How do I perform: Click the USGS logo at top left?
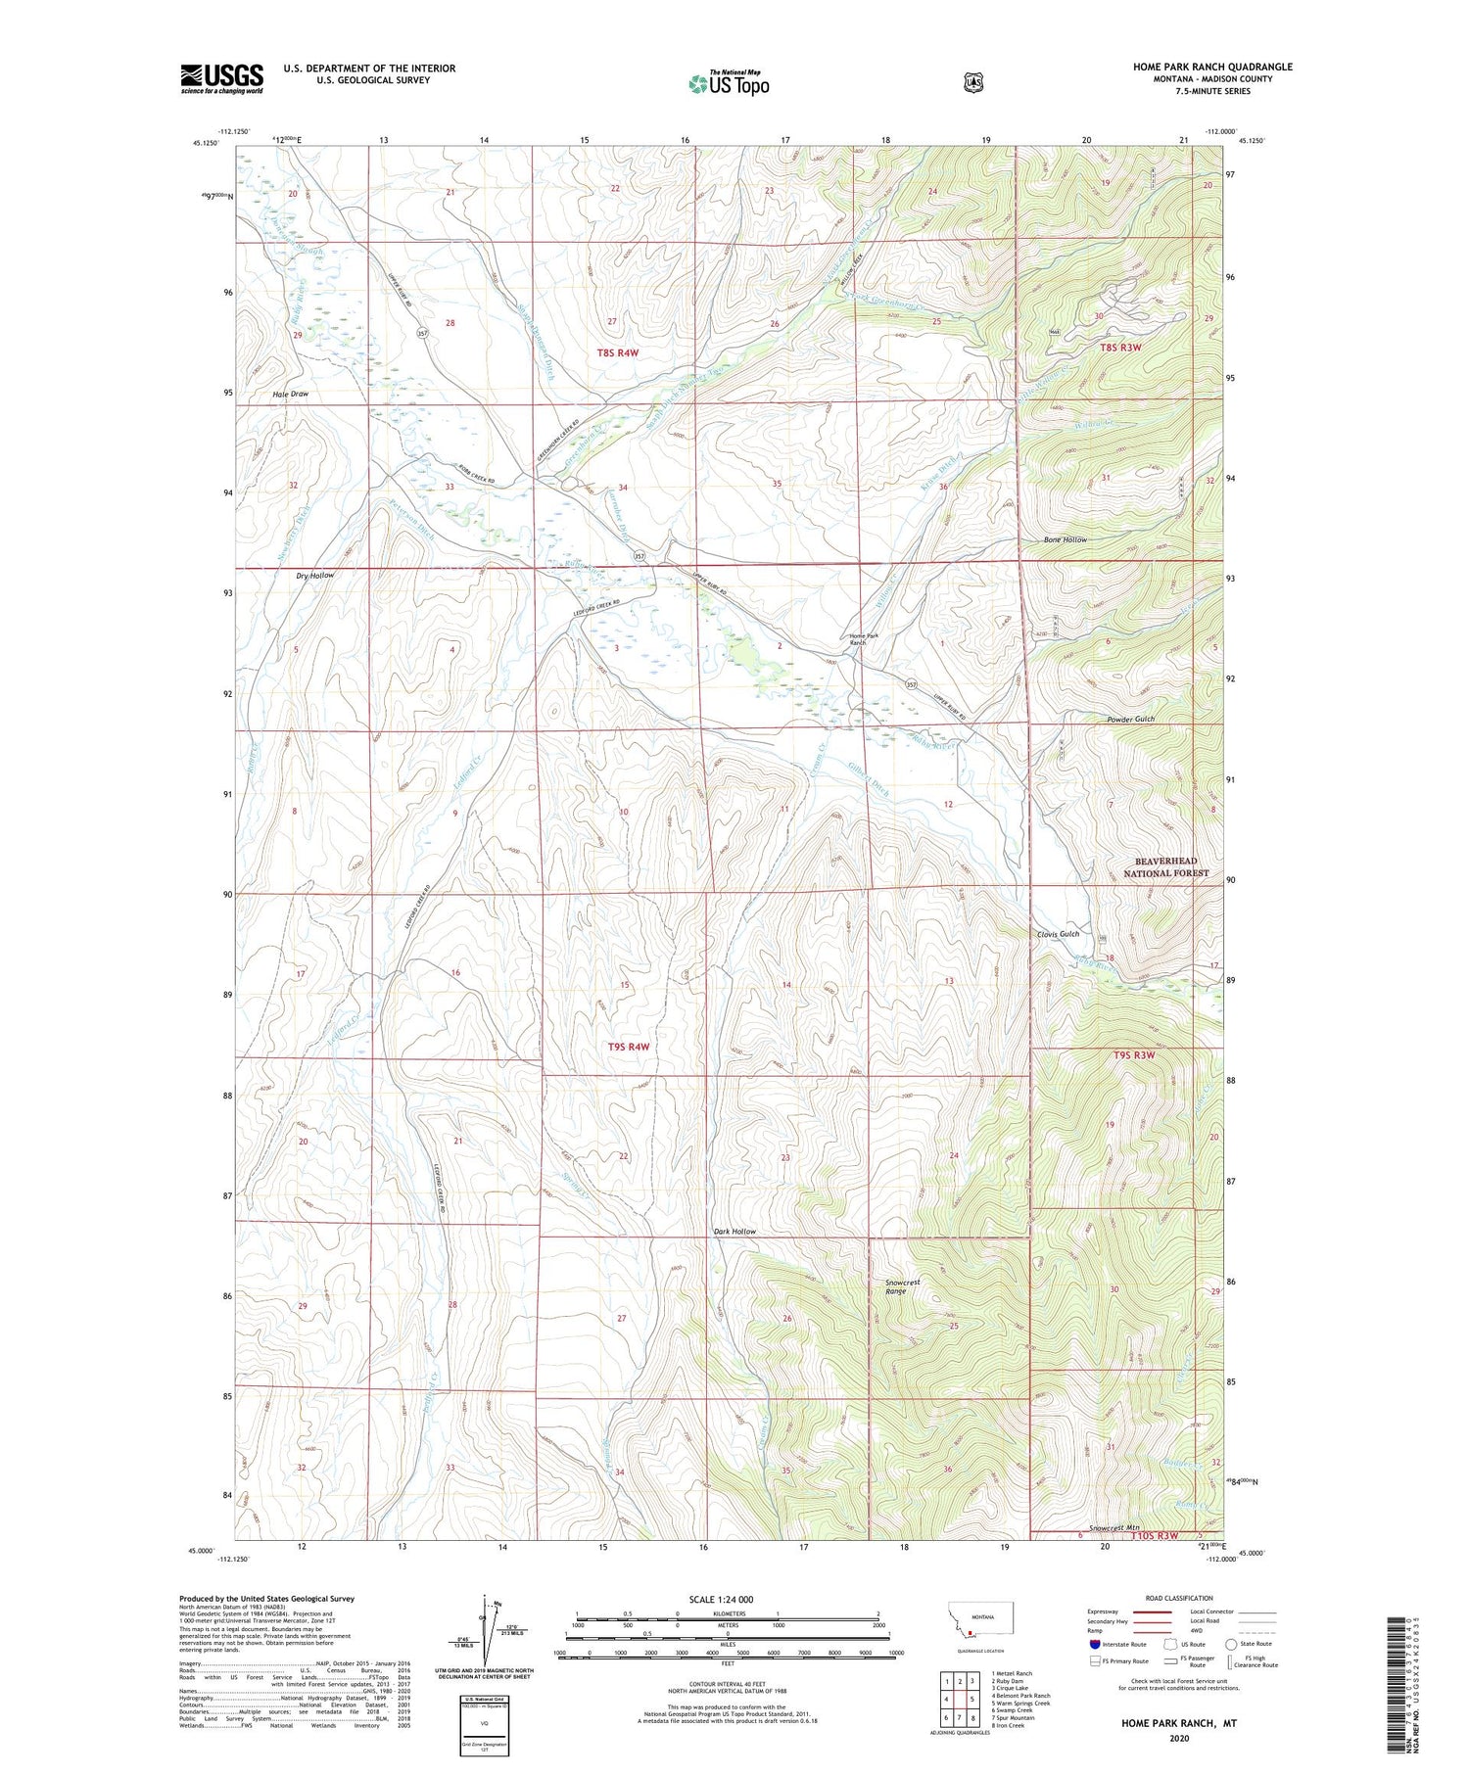point(221,78)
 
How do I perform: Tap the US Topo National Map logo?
point(729,83)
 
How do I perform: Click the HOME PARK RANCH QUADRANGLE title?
point(1212,67)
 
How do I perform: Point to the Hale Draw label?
point(290,394)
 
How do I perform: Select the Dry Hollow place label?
point(314,576)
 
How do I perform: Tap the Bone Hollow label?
point(1065,539)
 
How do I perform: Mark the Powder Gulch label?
point(1131,719)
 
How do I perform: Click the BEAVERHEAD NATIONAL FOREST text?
point(1165,866)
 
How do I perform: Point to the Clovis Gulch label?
point(1058,934)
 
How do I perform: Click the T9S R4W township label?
point(629,1047)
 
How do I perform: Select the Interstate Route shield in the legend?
point(1094,1644)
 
